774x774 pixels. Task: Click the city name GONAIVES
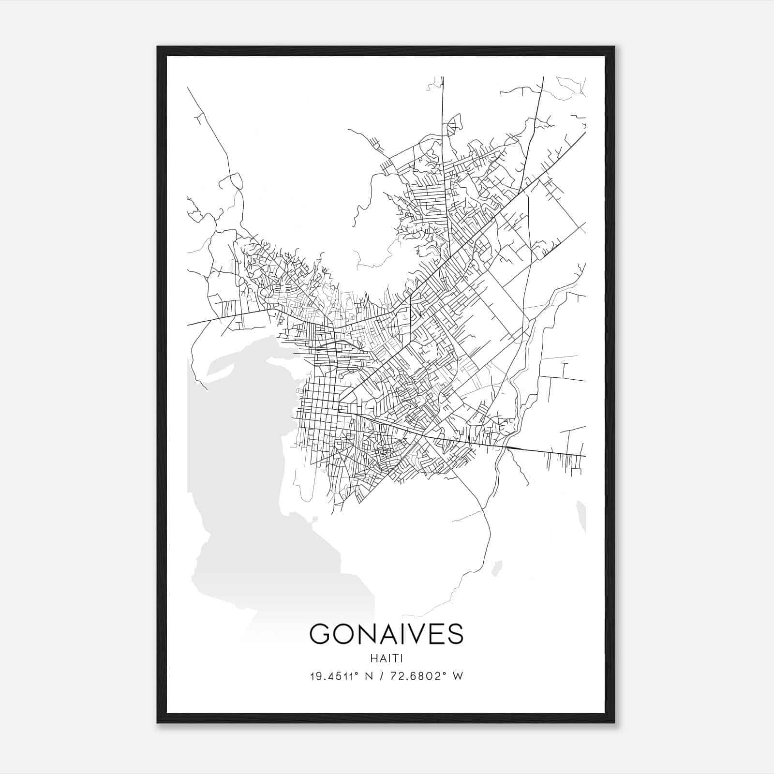386,634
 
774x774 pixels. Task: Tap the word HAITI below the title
386,658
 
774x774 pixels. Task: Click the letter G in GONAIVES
320,634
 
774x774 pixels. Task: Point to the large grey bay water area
252,484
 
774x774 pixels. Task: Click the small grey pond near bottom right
497,568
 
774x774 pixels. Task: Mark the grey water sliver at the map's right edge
582,516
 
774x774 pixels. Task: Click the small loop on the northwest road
236,182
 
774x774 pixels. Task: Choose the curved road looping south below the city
486,542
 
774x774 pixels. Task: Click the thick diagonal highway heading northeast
532,184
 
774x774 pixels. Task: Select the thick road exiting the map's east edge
556,453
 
